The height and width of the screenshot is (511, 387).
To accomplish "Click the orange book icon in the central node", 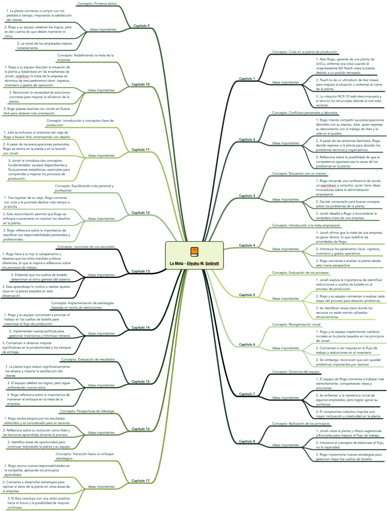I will coord(194,252).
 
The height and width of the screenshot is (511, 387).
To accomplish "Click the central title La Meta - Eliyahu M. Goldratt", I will coord(194,263).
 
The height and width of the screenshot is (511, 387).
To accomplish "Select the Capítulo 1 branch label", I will coord(247,79).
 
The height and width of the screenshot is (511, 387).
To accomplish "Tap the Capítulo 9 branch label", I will coord(141,26).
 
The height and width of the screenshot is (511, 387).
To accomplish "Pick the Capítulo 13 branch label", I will coord(141,271).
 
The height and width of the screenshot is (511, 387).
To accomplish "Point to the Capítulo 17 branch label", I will coord(141,481).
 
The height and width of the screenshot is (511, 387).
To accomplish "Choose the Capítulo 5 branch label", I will coord(247,295).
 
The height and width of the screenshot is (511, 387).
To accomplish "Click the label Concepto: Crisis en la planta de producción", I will coord(305,52).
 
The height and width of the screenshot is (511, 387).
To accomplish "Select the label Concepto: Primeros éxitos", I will coord(97,3).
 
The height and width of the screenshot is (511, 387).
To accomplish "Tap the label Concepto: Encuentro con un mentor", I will coord(299,173).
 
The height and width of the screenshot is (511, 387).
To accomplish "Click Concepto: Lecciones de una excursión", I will coord(86,247).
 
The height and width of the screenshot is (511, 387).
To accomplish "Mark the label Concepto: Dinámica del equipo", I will coord(296,372).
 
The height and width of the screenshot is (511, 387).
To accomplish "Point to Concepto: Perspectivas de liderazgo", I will coord(87,411).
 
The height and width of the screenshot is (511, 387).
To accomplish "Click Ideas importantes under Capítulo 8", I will coord(285,445).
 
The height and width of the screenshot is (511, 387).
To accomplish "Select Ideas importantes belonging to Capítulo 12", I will coord(101,218).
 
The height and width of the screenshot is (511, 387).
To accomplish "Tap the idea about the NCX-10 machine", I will coord(348,101).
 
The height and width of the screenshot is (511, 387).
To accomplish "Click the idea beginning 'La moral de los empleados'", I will coord(44,46).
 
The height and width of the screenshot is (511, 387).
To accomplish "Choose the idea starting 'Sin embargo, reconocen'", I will coord(348,362).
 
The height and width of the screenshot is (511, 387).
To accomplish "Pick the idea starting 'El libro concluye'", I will coord(38,503).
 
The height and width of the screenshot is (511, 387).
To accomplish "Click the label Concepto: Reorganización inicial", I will coord(296,324).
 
